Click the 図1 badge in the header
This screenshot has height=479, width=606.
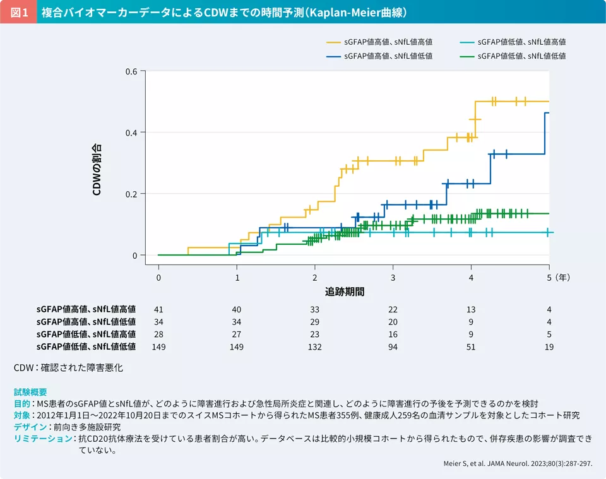coord(18,12)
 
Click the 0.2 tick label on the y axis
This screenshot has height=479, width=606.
coord(131,194)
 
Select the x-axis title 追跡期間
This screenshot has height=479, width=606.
coord(345,292)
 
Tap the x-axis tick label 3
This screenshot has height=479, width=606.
coord(393,277)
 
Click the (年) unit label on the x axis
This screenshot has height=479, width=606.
coord(564,277)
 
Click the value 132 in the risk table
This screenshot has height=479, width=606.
coord(314,346)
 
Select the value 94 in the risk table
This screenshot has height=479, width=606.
coord(393,346)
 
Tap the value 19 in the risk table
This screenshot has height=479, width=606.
coord(549,346)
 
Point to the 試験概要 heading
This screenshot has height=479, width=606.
coord(30,392)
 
